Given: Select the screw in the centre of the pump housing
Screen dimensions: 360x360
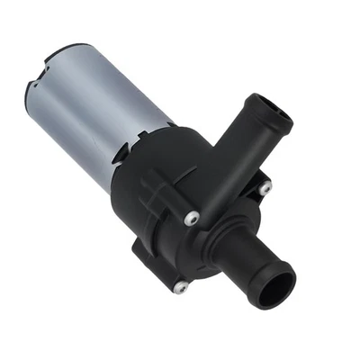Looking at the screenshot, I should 191,219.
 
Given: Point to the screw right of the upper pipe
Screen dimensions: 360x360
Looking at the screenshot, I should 265,189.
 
